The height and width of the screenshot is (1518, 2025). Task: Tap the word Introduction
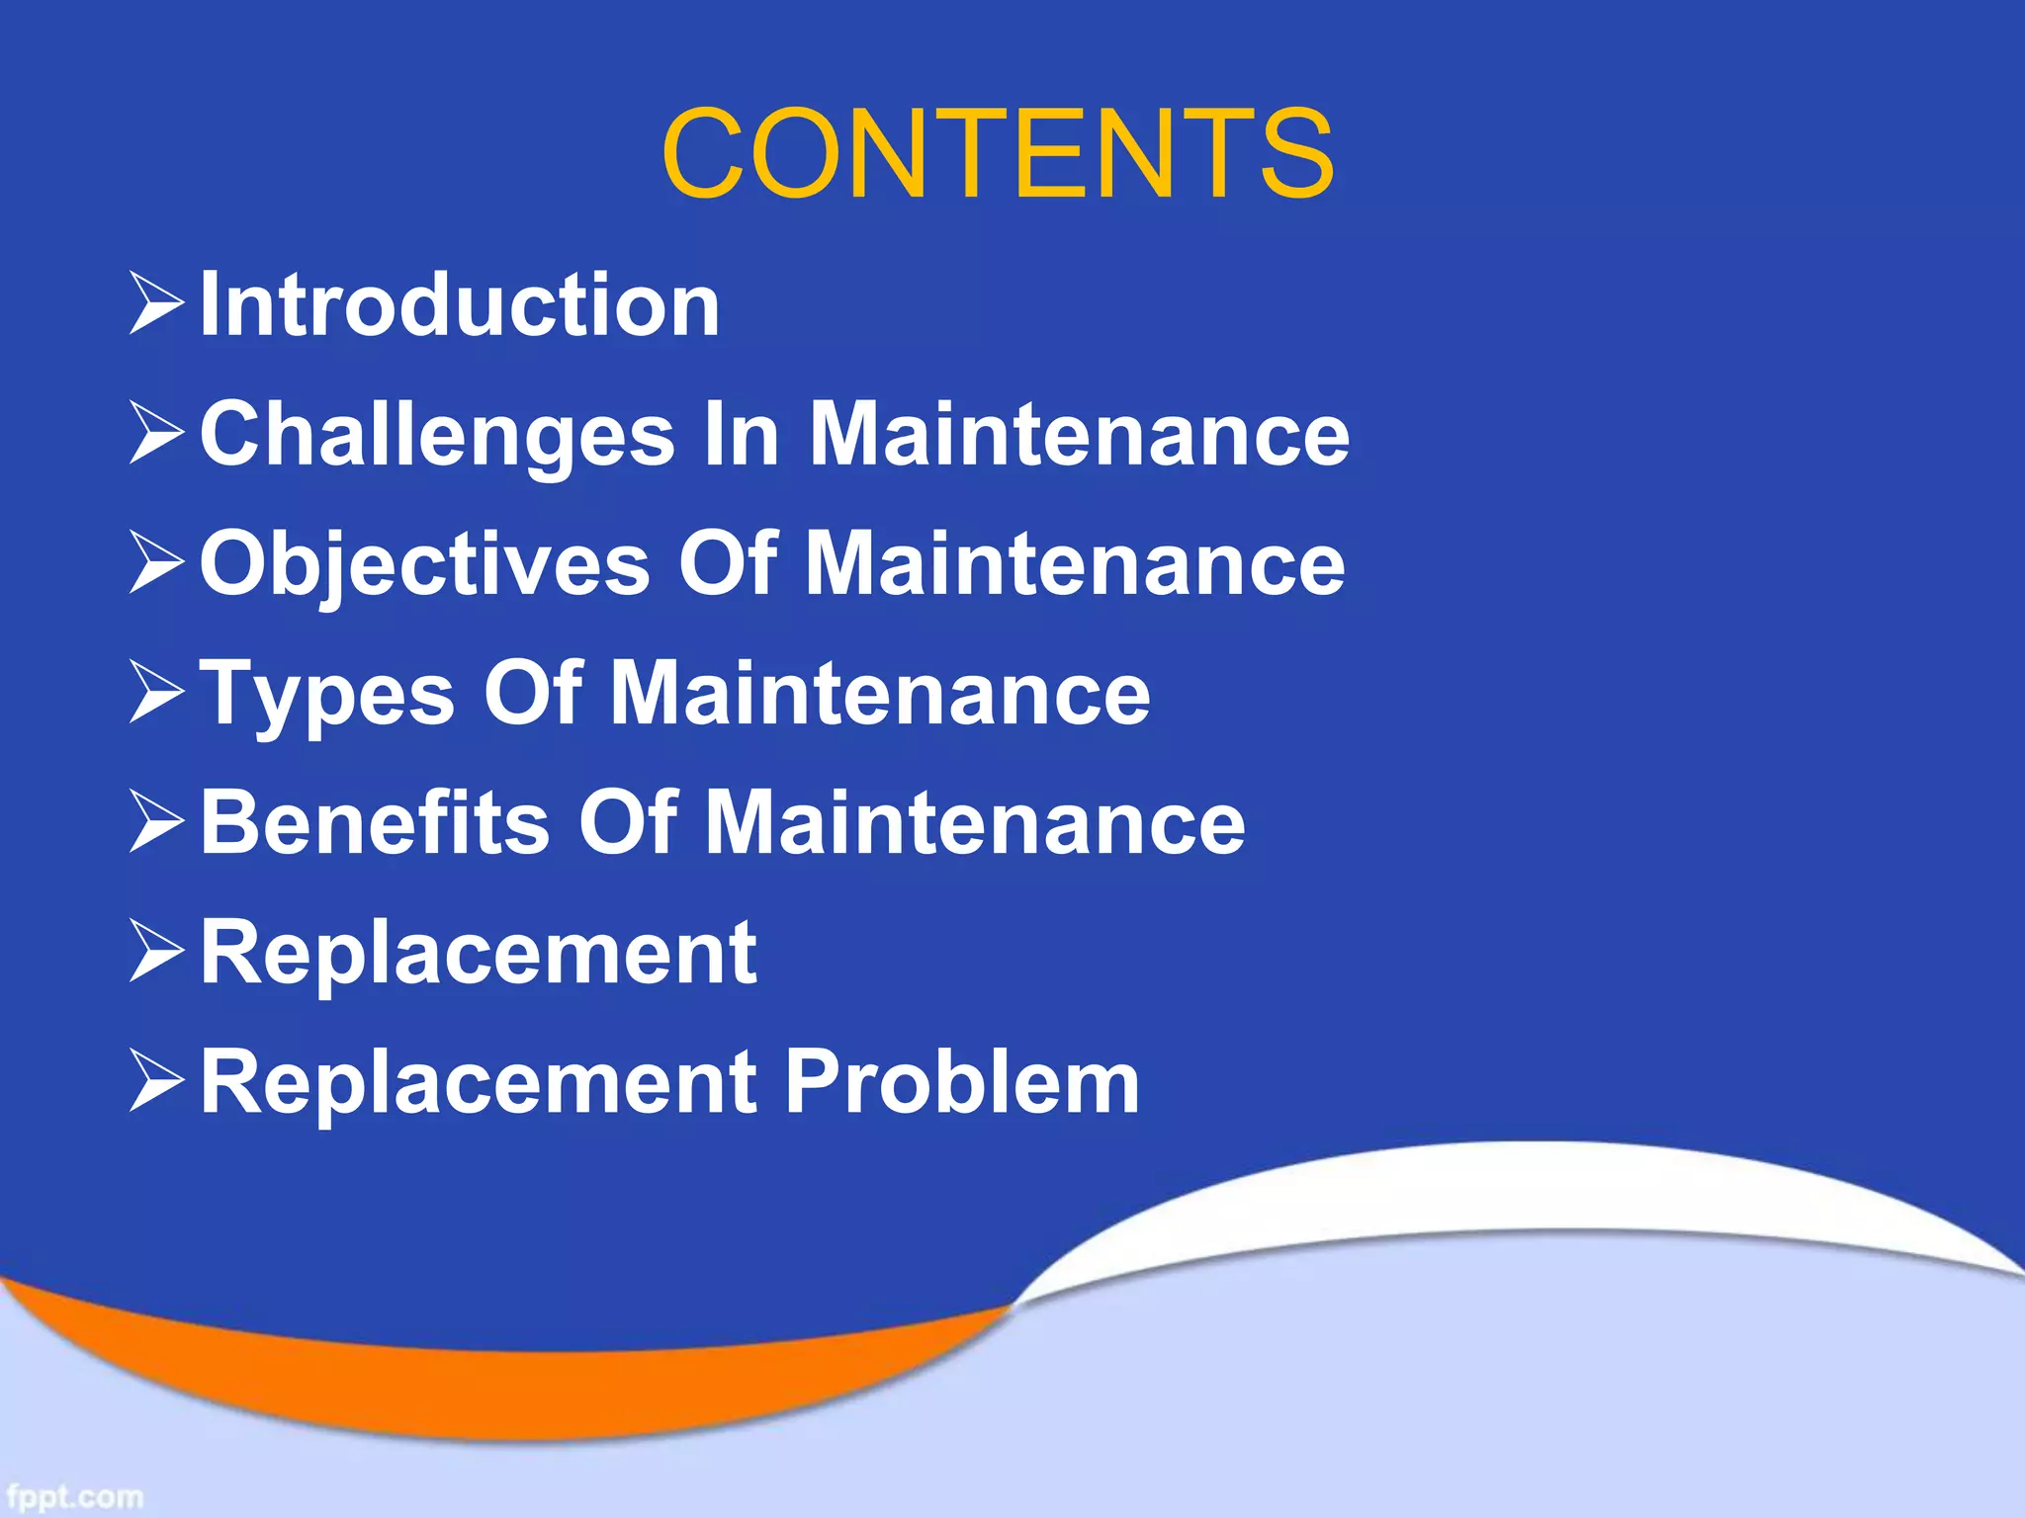(460, 305)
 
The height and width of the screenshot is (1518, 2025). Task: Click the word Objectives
(425, 564)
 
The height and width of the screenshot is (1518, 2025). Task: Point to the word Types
(327, 695)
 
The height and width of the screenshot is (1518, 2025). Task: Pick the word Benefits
(375, 823)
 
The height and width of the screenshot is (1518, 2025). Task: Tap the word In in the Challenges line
(741, 435)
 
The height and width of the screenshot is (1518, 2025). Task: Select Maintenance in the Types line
(880, 694)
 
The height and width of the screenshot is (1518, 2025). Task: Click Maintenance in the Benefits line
(975, 823)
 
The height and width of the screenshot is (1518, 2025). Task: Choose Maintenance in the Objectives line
(1075, 564)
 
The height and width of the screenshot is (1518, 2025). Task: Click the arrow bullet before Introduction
(157, 304)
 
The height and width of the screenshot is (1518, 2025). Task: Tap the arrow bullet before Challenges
(157, 435)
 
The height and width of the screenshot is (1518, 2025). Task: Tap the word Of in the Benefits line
(628, 823)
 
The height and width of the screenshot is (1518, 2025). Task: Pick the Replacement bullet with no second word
(479, 953)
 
